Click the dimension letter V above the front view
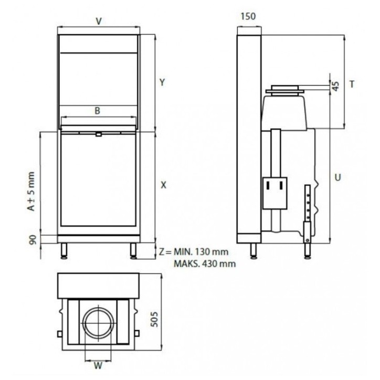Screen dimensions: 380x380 click(x=98, y=21)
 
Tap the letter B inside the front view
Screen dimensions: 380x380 click(x=97, y=111)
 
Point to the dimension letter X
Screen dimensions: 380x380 click(x=163, y=185)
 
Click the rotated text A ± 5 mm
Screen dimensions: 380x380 click(x=32, y=192)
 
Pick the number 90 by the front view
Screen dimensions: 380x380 click(x=32, y=240)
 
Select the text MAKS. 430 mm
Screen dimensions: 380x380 click(x=205, y=263)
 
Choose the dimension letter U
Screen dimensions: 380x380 click(x=338, y=177)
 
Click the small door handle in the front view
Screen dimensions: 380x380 click(x=98, y=134)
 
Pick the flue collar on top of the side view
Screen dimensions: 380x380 click(x=284, y=90)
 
